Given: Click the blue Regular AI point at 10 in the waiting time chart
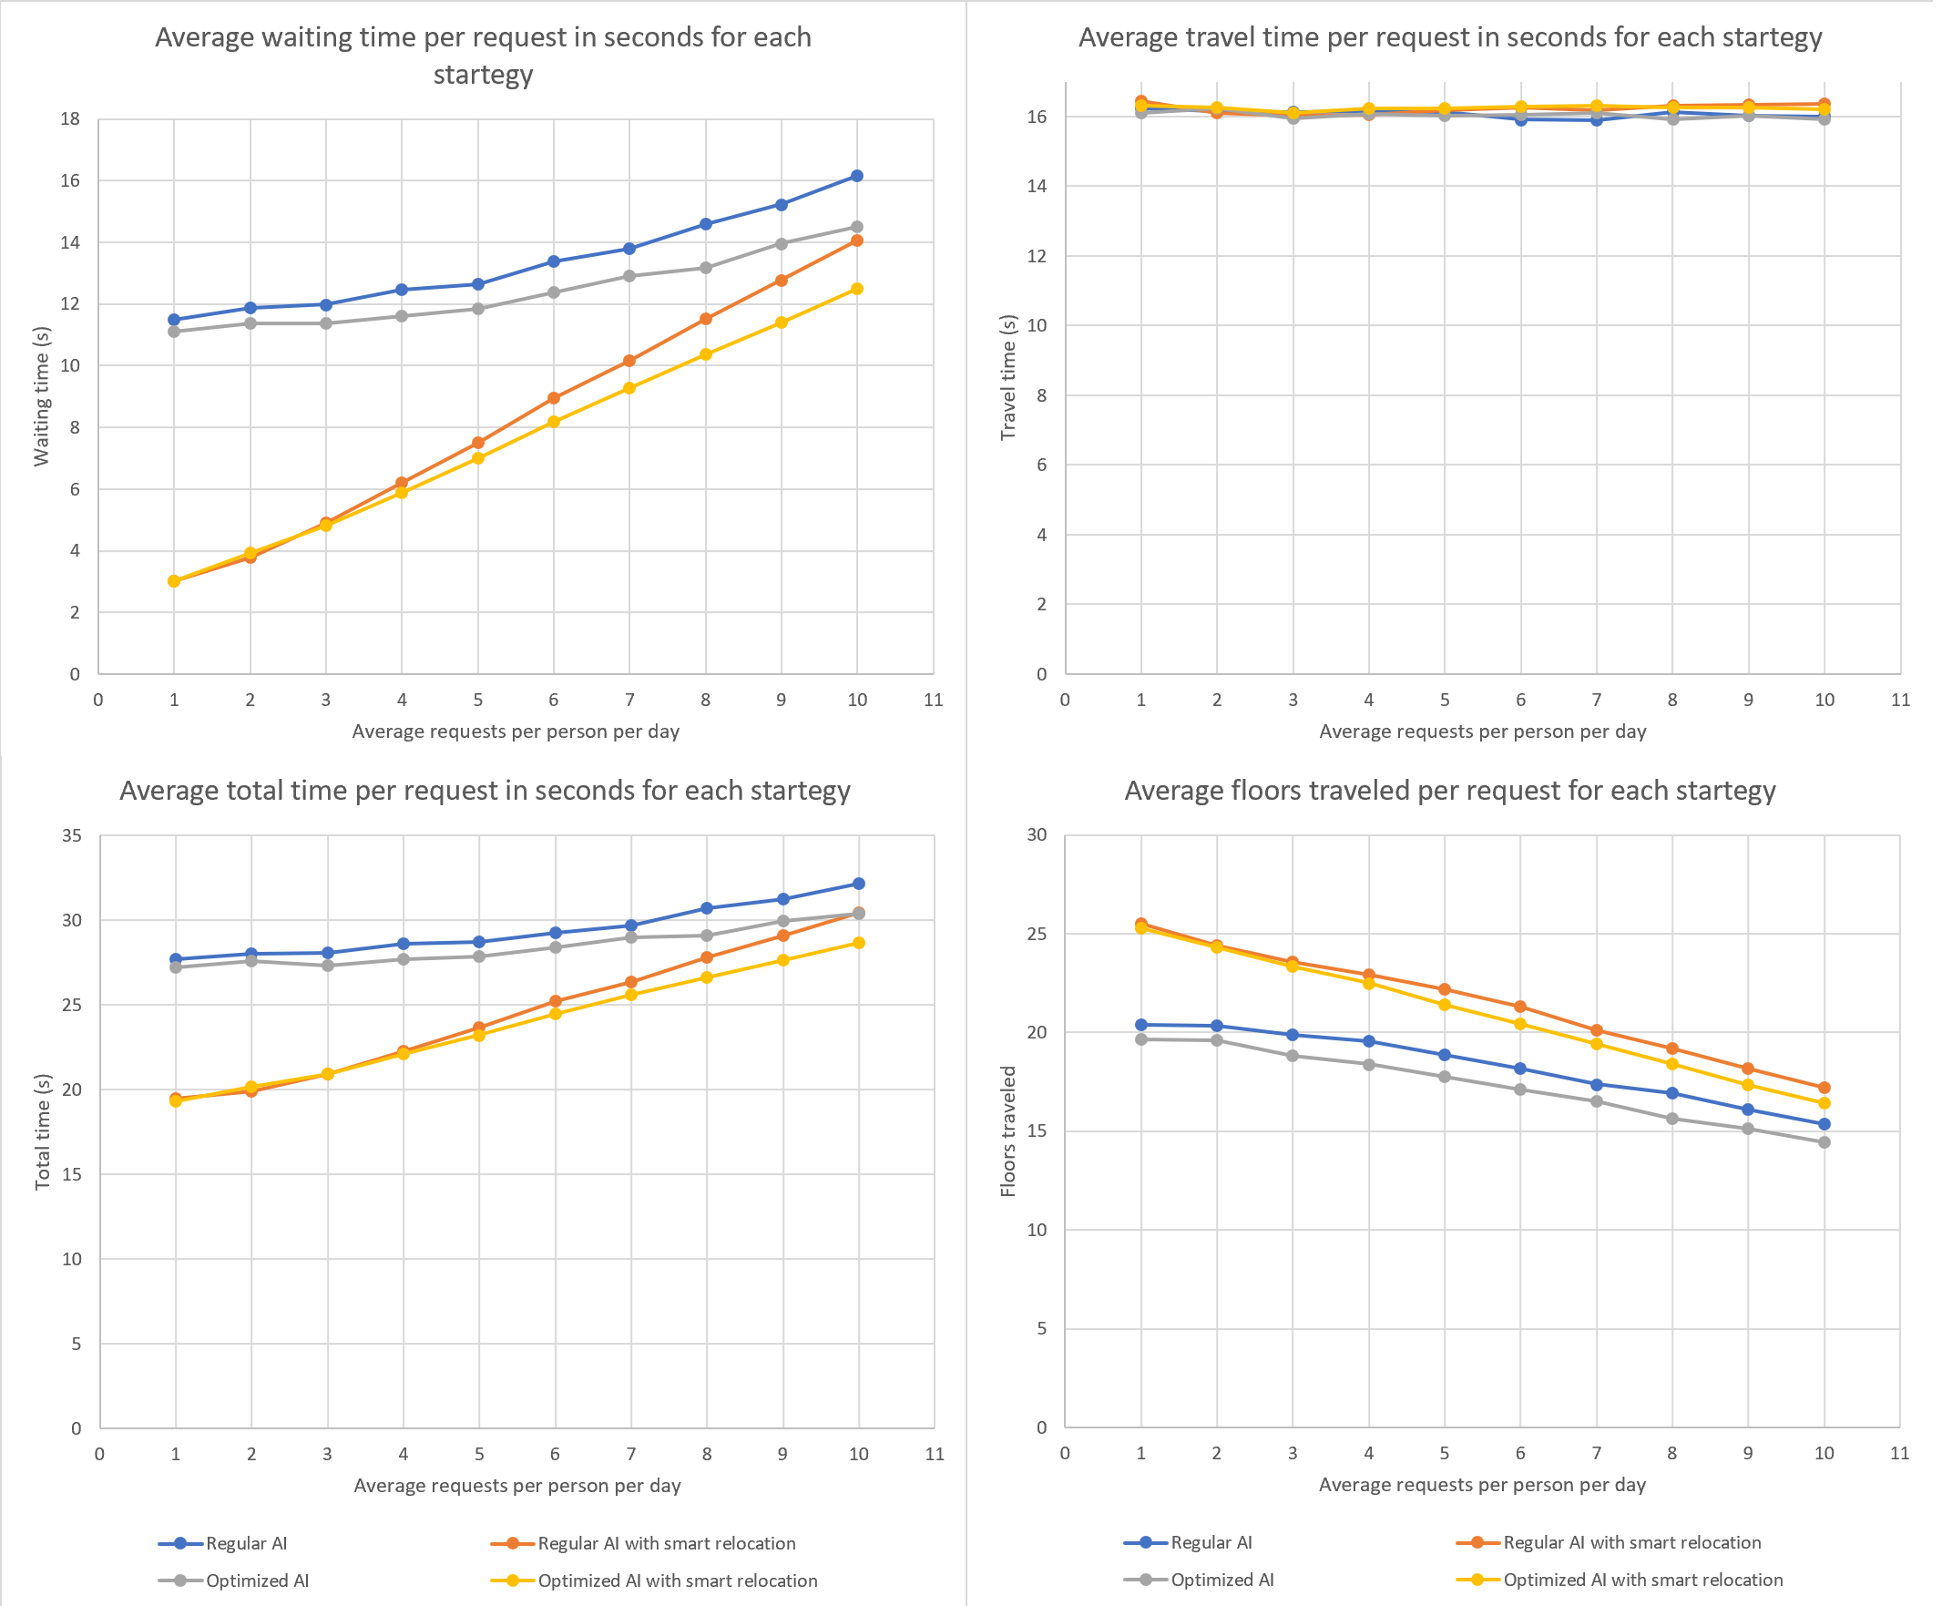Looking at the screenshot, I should tap(857, 176).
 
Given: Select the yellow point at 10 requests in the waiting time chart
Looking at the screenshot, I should tap(857, 290).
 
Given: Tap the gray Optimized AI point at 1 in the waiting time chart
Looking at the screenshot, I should tap(174, 331).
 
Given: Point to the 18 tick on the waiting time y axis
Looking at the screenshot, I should tap(70, 119).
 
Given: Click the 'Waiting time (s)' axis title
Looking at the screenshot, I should tap(42, 395).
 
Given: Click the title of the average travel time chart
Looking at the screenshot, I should tap(1449, 38).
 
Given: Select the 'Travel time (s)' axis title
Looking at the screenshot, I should tap(1008, 377).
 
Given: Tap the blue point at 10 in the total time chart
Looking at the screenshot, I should tap(859, 884).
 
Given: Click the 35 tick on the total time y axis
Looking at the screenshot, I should tap(71, 836).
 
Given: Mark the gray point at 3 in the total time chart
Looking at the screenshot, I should tap(327, 966).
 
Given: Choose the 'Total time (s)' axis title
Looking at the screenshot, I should tap(43, 1131).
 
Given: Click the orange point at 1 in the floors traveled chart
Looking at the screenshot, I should tap(1141, 925).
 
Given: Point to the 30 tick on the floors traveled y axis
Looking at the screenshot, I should tap(1037, 835).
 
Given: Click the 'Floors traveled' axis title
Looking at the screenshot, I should tap(1008, 1131).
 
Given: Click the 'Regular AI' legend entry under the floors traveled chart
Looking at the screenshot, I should tap(1211, 1542).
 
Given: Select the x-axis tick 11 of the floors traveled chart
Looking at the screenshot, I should tap(1899, 1454).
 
